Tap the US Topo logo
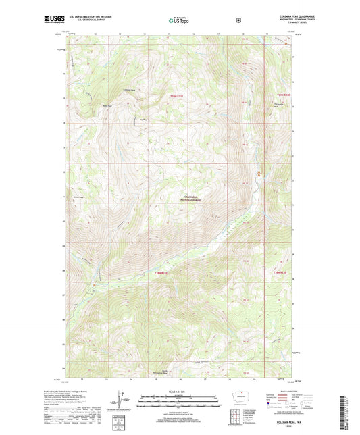[179, 21]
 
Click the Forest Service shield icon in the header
[238, 20]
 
